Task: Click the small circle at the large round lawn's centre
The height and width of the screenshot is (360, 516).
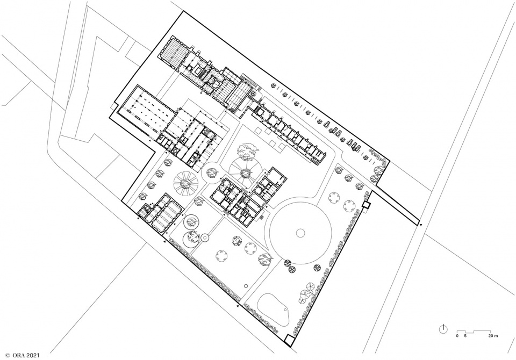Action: click(x=300, y=233)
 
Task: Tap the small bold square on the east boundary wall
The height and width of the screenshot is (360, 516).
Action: click(x=365, y=206)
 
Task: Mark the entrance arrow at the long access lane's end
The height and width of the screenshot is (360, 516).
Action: click(x=421, y=225)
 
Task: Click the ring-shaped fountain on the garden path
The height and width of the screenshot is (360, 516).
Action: click(x=205, y=237)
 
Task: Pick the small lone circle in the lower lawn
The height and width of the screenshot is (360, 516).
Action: click(x=246, y=286)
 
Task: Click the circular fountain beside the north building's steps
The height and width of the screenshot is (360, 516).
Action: click(x=253, y=95)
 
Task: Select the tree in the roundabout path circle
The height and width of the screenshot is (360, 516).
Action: click(x=211, y=171)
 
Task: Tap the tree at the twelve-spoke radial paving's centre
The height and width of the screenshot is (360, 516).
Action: click(x=186, y=183)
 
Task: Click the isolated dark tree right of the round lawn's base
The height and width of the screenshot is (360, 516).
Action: click(x=317, y=268)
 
